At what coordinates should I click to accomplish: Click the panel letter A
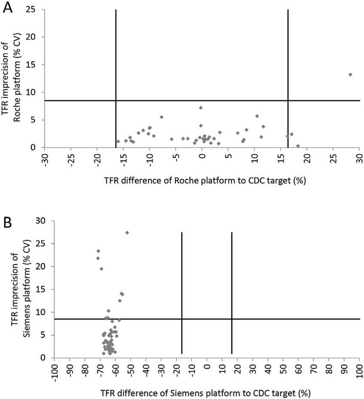(8, 7)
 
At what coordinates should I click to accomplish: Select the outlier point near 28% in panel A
(350, 74)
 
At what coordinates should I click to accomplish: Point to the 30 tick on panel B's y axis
(43, 221)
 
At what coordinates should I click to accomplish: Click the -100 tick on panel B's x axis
(54, 371)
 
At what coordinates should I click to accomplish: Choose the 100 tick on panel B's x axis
(359, 371)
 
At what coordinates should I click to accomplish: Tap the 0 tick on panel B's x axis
(206, 369)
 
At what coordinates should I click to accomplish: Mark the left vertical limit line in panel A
(116, 52)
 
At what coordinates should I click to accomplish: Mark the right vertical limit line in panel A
(288, 52)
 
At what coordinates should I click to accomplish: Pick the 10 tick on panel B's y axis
(43, 312)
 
